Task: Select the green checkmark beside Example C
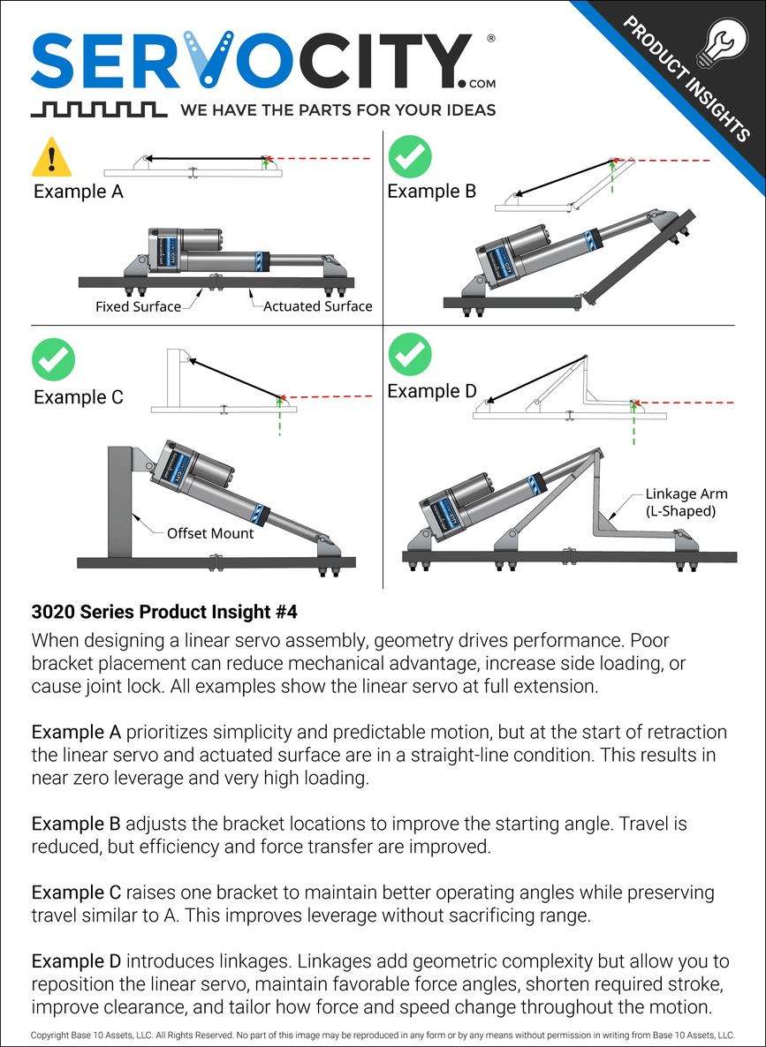[53, 359]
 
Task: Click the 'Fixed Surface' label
[138, 307]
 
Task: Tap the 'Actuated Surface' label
[318, 306]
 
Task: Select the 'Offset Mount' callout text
[210, 533]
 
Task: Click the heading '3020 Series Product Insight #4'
[169, 611]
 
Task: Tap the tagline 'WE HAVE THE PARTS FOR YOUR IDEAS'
[337, 110]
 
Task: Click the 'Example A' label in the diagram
[78, 192]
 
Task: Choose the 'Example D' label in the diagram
[432, 391]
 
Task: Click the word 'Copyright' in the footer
[49, 1035]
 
